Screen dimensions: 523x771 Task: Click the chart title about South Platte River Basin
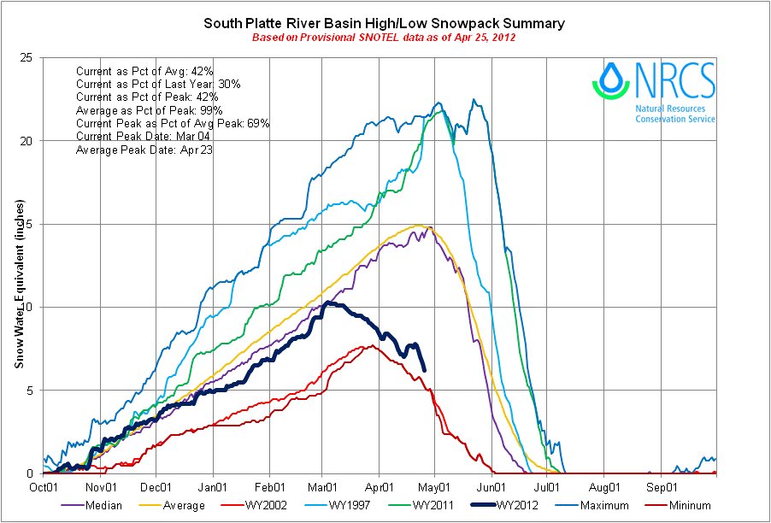click(x=384, y=23)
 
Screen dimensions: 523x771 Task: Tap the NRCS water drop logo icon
click(x=610, y=79)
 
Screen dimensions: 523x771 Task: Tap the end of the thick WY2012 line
click(x=425, y=369)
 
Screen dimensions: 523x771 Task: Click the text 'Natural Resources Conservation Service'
click(x=674, y=115)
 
